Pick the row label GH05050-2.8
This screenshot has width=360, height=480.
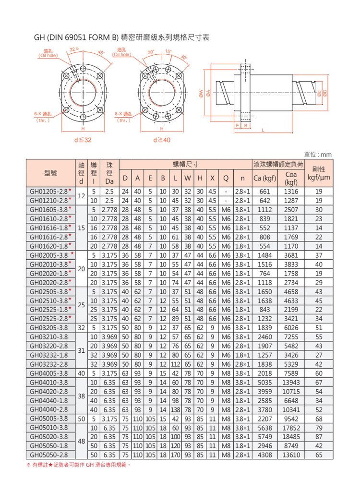click(x=50, y=454)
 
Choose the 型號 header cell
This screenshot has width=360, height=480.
click(x=51, y=173)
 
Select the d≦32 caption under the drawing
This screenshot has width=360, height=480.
click(x=83, y=140)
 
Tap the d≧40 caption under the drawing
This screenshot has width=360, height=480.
click(x=161, y=140)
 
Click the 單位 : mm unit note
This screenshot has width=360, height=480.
click(x=318, y=155)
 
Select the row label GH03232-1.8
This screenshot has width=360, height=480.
click(x=50, y=355)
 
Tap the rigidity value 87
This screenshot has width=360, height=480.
click(x=319, y=436)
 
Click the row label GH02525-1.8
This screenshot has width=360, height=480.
click(x=50, y=310)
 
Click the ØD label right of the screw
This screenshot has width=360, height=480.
click(x=325, y=91)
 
